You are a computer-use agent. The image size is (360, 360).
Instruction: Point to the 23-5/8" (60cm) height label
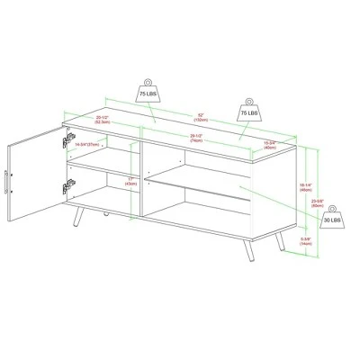318,202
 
